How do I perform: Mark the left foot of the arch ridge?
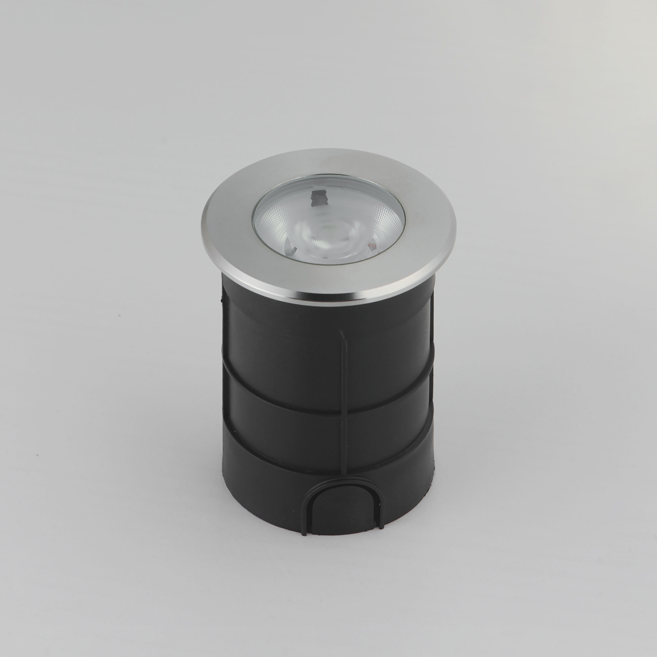point(305,530)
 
